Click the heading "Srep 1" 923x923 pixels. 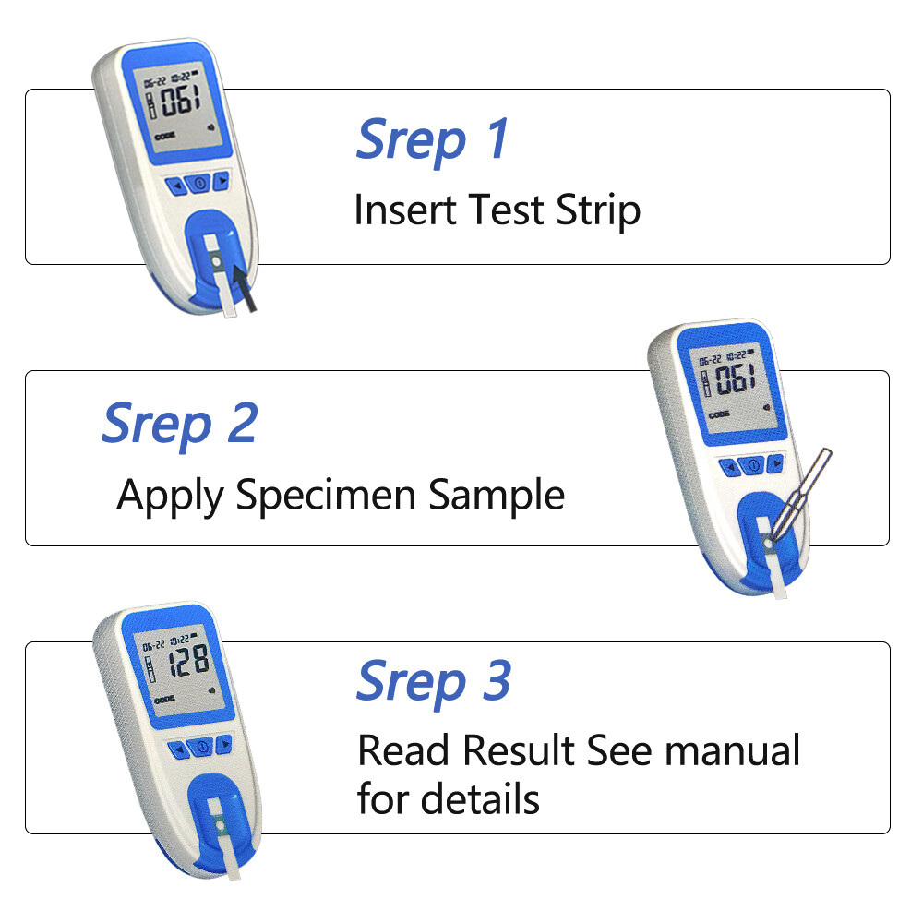pyautogui.click(x=432, y=139)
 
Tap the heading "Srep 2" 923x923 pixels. pyautogui.click(x=179, y=424)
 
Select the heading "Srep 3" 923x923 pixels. pyautogui.click(x=433, y=681)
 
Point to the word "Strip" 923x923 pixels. pyautogui.click(x=598, y=210)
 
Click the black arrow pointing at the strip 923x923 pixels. pyautogui.click(x=246, y=287)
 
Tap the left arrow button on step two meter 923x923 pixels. pyautogui.click(x=731, y=468)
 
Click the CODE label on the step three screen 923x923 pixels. pyautogui.click(x=164, y=701)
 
